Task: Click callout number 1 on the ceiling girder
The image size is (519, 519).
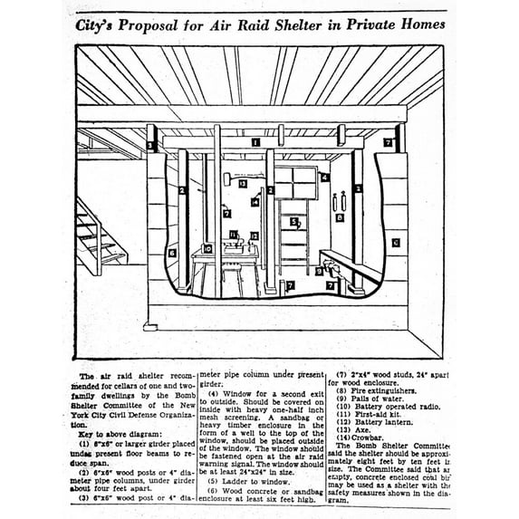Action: click(x=256, y=142)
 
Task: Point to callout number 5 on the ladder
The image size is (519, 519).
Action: click(x=293, y=221)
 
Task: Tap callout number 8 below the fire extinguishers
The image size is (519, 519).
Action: click(x=339, y=217)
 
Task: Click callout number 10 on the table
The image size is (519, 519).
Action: click(x=208, y=248)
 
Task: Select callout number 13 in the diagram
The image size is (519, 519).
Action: click(x=243, y=184)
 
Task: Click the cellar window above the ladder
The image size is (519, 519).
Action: click(x=297, y=181)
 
